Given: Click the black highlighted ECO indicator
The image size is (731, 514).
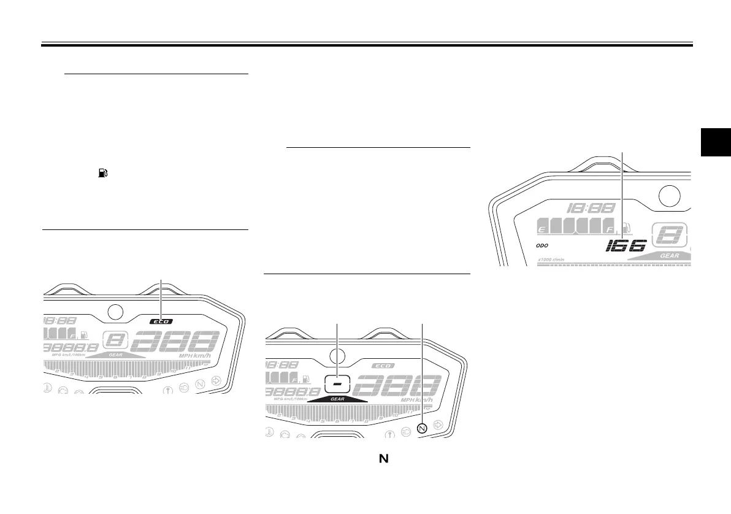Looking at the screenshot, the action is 162,321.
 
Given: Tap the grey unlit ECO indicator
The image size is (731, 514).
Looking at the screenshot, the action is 383,366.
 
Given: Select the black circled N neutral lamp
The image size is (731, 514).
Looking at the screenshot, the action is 422,428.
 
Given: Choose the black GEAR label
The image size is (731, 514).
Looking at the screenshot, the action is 337,398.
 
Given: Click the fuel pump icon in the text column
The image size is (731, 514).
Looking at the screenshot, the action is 98,175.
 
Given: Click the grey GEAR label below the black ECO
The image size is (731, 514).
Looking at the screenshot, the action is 116,355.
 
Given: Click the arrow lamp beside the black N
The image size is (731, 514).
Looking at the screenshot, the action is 437,424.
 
